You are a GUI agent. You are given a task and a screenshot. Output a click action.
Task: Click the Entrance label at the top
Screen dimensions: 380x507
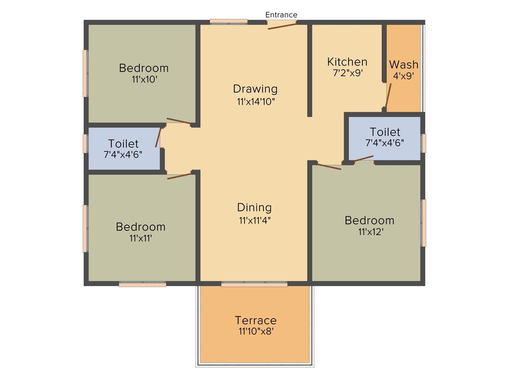tap(281, 15)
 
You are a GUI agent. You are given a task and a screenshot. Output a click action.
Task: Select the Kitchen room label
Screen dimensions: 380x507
tap(347, 62)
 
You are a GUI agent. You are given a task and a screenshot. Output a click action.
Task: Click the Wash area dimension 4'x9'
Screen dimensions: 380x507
tap(403, 76)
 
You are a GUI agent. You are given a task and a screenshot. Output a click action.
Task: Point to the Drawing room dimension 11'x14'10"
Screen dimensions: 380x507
tap(255, 102)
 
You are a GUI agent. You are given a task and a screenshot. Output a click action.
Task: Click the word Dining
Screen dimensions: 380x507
tap(254, 208)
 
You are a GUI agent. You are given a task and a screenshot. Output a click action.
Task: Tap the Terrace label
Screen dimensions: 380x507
tap(255, 320)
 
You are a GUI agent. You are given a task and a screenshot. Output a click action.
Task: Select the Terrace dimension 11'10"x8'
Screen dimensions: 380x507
tap(255, 332)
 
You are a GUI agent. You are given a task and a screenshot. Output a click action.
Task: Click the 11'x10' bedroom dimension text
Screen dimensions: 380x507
tap(144, 79)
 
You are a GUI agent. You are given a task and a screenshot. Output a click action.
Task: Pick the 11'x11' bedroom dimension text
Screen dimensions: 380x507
tap(140, 238)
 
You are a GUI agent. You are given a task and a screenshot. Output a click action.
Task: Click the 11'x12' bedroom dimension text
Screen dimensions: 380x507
tap(369, 232)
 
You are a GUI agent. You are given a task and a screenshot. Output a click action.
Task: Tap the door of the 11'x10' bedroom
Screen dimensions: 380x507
tap(179, 121)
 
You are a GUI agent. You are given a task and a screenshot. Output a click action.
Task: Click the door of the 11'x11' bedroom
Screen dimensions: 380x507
tap(179, 176)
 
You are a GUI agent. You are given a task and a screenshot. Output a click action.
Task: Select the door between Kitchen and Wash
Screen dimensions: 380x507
tap(388, 95)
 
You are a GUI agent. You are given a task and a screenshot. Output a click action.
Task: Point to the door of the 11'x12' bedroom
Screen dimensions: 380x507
tap(329, 166)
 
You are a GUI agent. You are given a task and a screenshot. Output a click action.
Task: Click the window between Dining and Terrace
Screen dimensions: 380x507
tap(254, 285)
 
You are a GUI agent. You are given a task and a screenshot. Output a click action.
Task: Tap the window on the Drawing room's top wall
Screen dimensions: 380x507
tap(228, 21)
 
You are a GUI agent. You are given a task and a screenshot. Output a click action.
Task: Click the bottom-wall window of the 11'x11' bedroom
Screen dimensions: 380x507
tap(143, 285)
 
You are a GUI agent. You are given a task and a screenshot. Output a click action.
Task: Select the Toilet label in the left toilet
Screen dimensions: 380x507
tap(123, 143)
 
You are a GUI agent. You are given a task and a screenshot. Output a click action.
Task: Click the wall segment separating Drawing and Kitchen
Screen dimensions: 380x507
tap(310, 69)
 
